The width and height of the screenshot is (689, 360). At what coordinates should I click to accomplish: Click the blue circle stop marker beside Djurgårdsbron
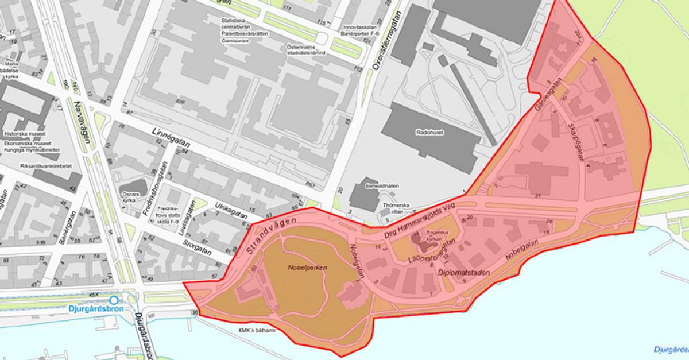coord(114,300)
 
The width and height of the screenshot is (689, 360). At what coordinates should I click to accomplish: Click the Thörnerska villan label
coord(394,206)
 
